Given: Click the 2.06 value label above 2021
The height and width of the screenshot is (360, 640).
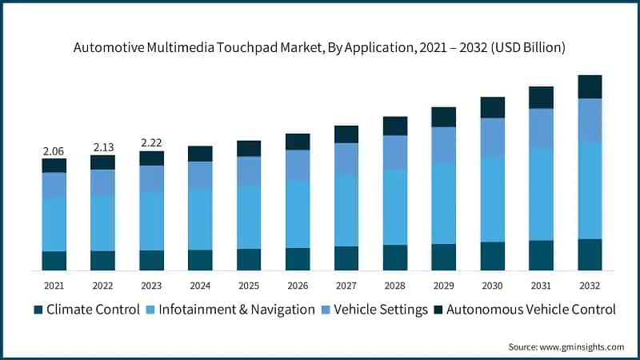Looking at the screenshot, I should point(54,150).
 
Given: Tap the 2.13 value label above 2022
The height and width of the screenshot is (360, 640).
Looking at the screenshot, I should point(102,146).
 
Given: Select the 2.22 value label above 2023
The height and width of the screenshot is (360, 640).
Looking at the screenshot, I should point(151,142).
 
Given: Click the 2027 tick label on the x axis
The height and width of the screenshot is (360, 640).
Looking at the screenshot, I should point(346,285).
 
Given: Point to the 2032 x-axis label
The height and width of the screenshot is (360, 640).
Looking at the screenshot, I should point(590,285).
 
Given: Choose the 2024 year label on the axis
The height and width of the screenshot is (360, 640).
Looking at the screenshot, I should point(200,285).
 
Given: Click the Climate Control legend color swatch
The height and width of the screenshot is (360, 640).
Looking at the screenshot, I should point(38,310).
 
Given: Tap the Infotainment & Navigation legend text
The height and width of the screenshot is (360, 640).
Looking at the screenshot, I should point(237,310).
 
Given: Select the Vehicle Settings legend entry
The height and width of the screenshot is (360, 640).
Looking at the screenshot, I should point(381,310).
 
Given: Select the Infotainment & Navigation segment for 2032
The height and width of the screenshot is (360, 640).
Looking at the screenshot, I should point(590,190).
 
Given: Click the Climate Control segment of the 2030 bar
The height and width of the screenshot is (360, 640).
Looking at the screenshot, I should point(493,256).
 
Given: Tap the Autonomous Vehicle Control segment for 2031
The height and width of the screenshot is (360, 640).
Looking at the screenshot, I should point(541,98).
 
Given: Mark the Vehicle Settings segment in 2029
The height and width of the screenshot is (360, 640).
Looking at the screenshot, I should point(444,146).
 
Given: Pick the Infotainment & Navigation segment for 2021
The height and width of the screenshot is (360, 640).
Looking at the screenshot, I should point(54,224).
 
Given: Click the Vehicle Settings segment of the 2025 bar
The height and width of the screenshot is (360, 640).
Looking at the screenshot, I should point(249,171).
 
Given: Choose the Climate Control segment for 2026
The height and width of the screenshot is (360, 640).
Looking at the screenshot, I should point(298,259).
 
